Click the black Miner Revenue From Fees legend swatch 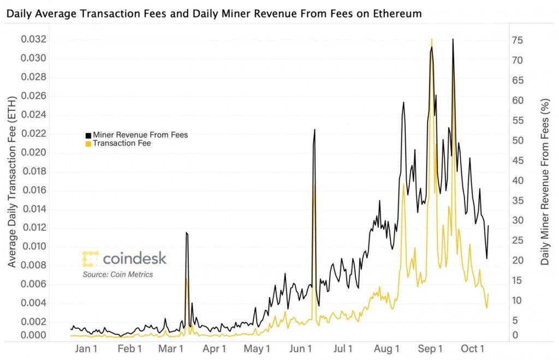pyautogui.click(x=88, y=135)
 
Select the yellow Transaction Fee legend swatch pyautogui.click(x=88, y=143)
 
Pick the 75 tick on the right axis pyautogui.click(x=518, y=40)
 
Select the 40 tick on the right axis pyautogui.click(x=518, y=181)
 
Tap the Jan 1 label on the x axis pyautogui.click(x=86, y=349)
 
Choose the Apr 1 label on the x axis pyautogui.click(x=215, y=349)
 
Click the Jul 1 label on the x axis pyautogui.click(x=343, y=349)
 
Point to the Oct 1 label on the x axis pyautogui.click(x=473, y=349)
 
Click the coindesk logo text pyautogui.click(x=134, y=258)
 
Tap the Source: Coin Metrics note pyautogui.click(x=118, y=274)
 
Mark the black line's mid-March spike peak pyautogui.click(x=186, y=232)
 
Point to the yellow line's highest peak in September pyautogui.click(x=432, y=39)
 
